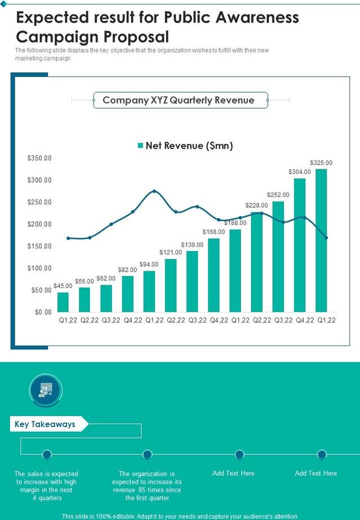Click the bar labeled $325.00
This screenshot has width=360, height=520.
[x=321, y=240]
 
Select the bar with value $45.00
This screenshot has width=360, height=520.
[x=63, y=302]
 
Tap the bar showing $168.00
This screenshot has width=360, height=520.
[x=214, y=275]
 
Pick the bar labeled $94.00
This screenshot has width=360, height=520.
[x=149, y=291]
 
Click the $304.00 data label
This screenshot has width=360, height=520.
[x=299, y=172]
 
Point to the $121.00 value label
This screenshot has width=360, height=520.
[x=170, y=252]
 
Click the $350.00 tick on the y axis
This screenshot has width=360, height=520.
[x=39, y=159]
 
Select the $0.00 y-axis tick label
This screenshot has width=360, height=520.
[x=43, y=312]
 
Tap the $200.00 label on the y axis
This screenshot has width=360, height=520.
[x=39, y=225]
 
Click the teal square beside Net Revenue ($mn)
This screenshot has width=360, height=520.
[x=140, y=146]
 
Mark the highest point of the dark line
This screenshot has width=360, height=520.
[x=155, y=191]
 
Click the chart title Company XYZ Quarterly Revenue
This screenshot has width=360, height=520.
[x=178, y=101]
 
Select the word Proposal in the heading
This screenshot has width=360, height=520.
[x=137, y=37]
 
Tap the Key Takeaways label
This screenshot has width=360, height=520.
[x=45, y=424]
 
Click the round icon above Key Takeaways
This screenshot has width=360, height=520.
[x=45, y=389]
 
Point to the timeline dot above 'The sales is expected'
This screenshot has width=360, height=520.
[x=47, y=454]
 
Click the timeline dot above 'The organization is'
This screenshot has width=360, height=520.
[x=147, y=454]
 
